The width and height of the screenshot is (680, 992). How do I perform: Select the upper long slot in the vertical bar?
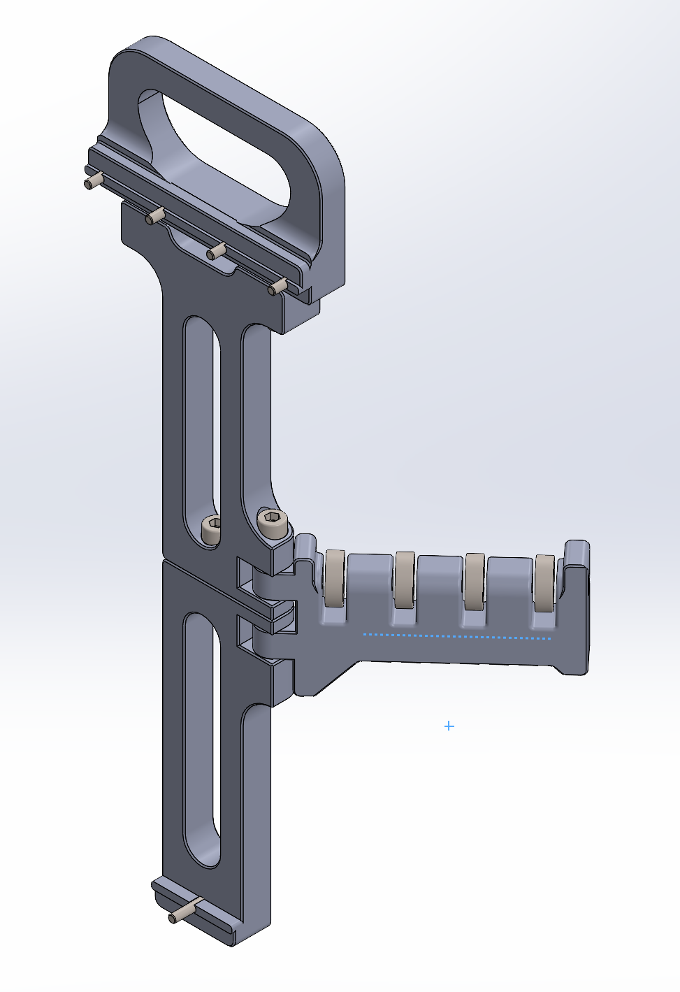[x=201, y=419]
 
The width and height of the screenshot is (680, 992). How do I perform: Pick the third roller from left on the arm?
[x=475, y=581]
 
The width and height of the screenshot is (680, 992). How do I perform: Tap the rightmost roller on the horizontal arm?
[x=544, y=583]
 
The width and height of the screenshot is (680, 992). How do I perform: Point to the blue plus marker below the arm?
[x=449, y=726]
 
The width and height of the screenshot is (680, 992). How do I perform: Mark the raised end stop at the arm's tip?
[x=577, y=559]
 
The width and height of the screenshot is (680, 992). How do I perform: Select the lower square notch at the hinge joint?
[x=245, y=633]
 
